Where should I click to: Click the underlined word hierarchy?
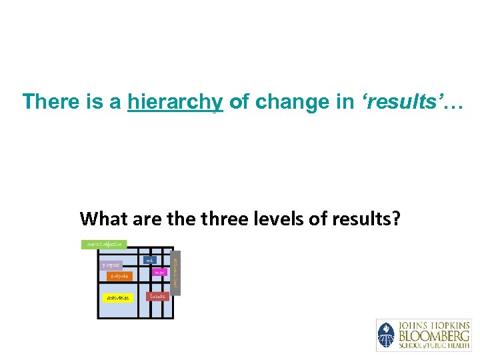click(x=175, y=102)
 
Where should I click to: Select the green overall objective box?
click(x=104, y=245)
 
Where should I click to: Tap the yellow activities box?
click(x=118, y=297)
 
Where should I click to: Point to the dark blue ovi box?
click(x=150, y=259)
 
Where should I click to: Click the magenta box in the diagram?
click(x=159, y=272)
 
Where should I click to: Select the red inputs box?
click(x=158, y=296)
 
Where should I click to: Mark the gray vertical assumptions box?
click(x=175, y=271)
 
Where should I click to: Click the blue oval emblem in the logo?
click(x=386, y=335)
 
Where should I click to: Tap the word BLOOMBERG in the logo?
click(x=433, y=335)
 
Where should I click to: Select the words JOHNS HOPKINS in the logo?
click(x=433, y=325)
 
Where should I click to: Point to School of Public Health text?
click(x=433, y=345)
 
